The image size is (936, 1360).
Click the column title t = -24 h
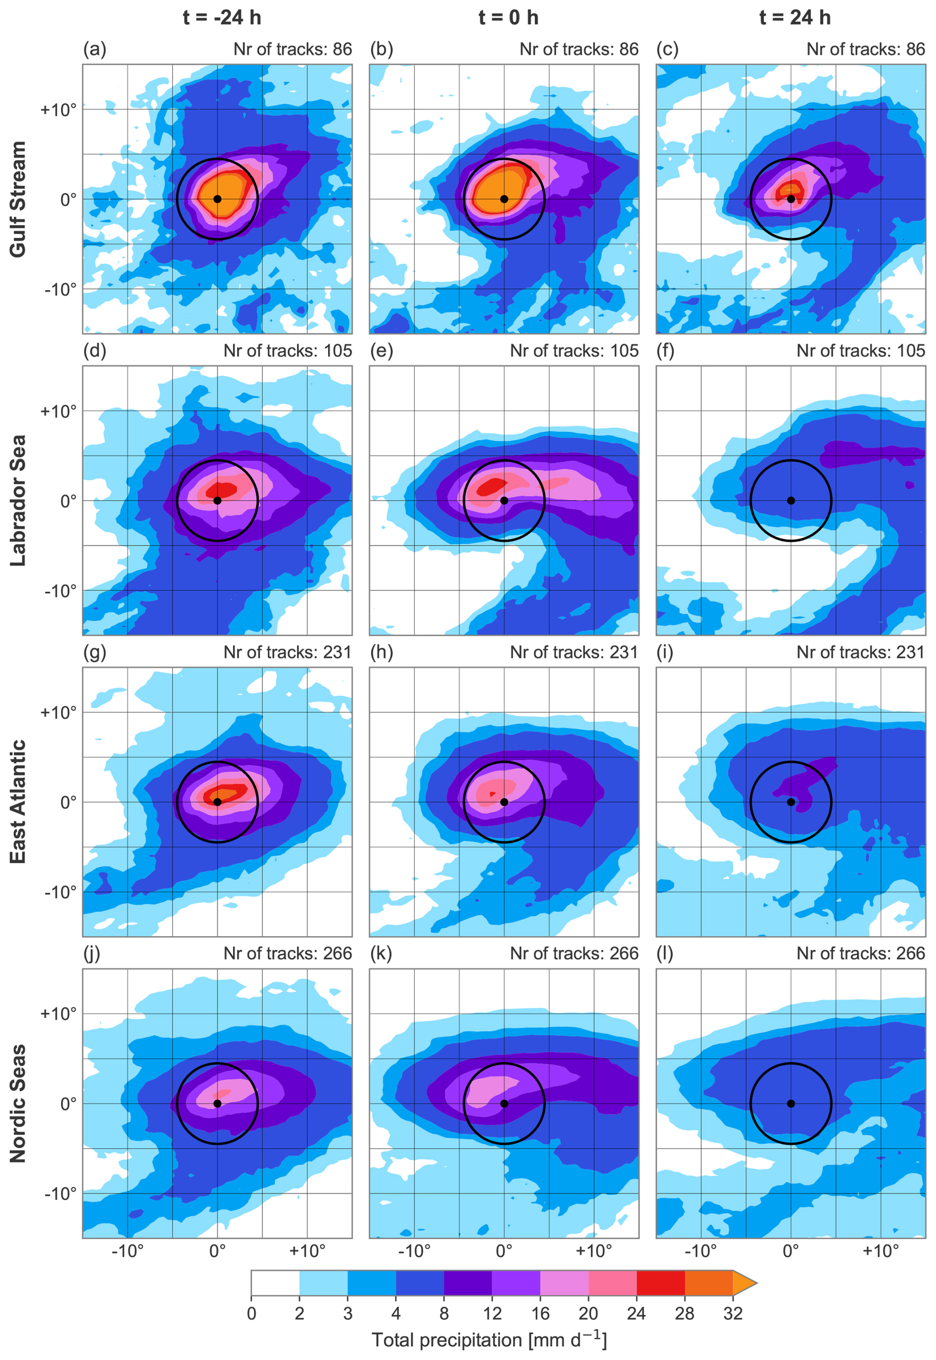[222, 18]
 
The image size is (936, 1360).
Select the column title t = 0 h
[508, 18]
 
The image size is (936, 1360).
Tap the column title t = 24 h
[795, 18]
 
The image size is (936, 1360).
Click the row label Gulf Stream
[18, 199]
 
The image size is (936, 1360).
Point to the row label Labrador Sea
[18, 500]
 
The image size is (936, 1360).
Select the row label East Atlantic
[18, 801]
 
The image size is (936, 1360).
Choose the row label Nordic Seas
[18, 1103]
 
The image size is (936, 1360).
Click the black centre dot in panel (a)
[217, 199]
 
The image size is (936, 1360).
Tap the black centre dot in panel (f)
[791, 500]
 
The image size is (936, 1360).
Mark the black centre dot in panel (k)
[504, 1103]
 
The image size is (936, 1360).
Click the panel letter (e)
[381, 351]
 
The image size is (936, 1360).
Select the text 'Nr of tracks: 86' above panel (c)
[865, 49]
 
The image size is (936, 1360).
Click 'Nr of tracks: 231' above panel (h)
[573, 652]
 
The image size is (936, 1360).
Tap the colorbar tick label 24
[636, 1313]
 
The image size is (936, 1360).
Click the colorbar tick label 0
[252, 1313]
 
